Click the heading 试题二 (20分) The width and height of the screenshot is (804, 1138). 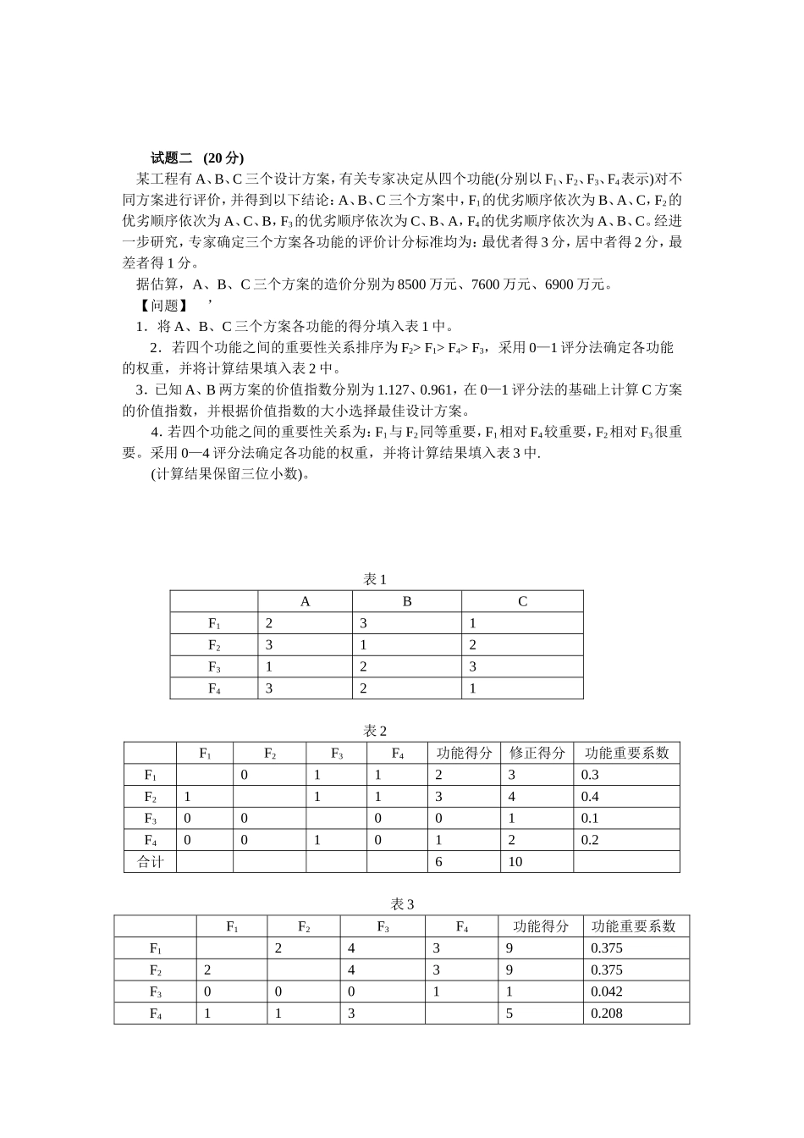[197, 157]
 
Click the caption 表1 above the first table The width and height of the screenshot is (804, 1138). [375, 579]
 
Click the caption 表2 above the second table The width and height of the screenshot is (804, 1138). [375, 731]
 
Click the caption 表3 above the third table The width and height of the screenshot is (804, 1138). [402, 904]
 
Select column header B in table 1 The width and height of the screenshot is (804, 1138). [407, 601]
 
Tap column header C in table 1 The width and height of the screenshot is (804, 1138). [522, 601]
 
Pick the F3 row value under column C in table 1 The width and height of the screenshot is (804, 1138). [473, 666]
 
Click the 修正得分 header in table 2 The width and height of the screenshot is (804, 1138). [537, 753]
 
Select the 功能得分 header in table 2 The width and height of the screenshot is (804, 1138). [465, 753]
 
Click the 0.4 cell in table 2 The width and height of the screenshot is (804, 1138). [590, 797]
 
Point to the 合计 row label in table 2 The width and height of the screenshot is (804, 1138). [151, 862]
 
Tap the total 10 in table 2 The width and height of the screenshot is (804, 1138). [515, 862]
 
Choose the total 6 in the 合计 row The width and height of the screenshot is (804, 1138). [438, 862]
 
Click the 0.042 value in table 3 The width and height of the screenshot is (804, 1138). [607, 992]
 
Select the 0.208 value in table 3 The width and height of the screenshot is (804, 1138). [607, 1014]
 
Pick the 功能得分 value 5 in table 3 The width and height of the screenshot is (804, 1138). [510, 1014]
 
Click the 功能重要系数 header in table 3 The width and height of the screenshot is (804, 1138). [635, 926]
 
